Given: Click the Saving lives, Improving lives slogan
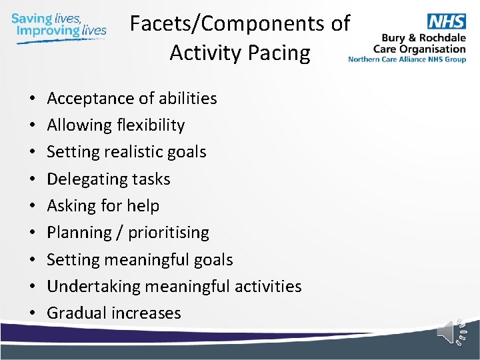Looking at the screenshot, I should [59, 25].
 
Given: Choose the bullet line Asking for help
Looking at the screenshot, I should [103, 206].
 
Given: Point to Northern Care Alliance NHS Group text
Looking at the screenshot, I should [407, 59].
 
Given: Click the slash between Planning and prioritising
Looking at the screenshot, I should [120, 233].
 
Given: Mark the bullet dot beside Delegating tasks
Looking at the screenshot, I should [33, 179].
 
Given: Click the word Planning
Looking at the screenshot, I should [79, 233].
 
